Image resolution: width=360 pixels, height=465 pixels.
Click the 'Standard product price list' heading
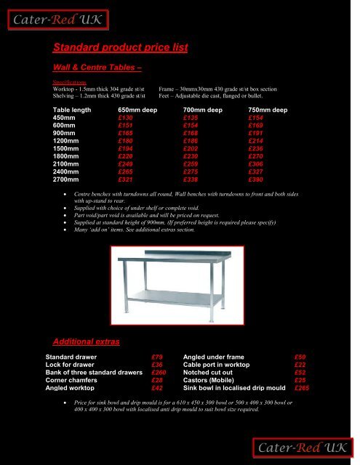coord(121,49)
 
